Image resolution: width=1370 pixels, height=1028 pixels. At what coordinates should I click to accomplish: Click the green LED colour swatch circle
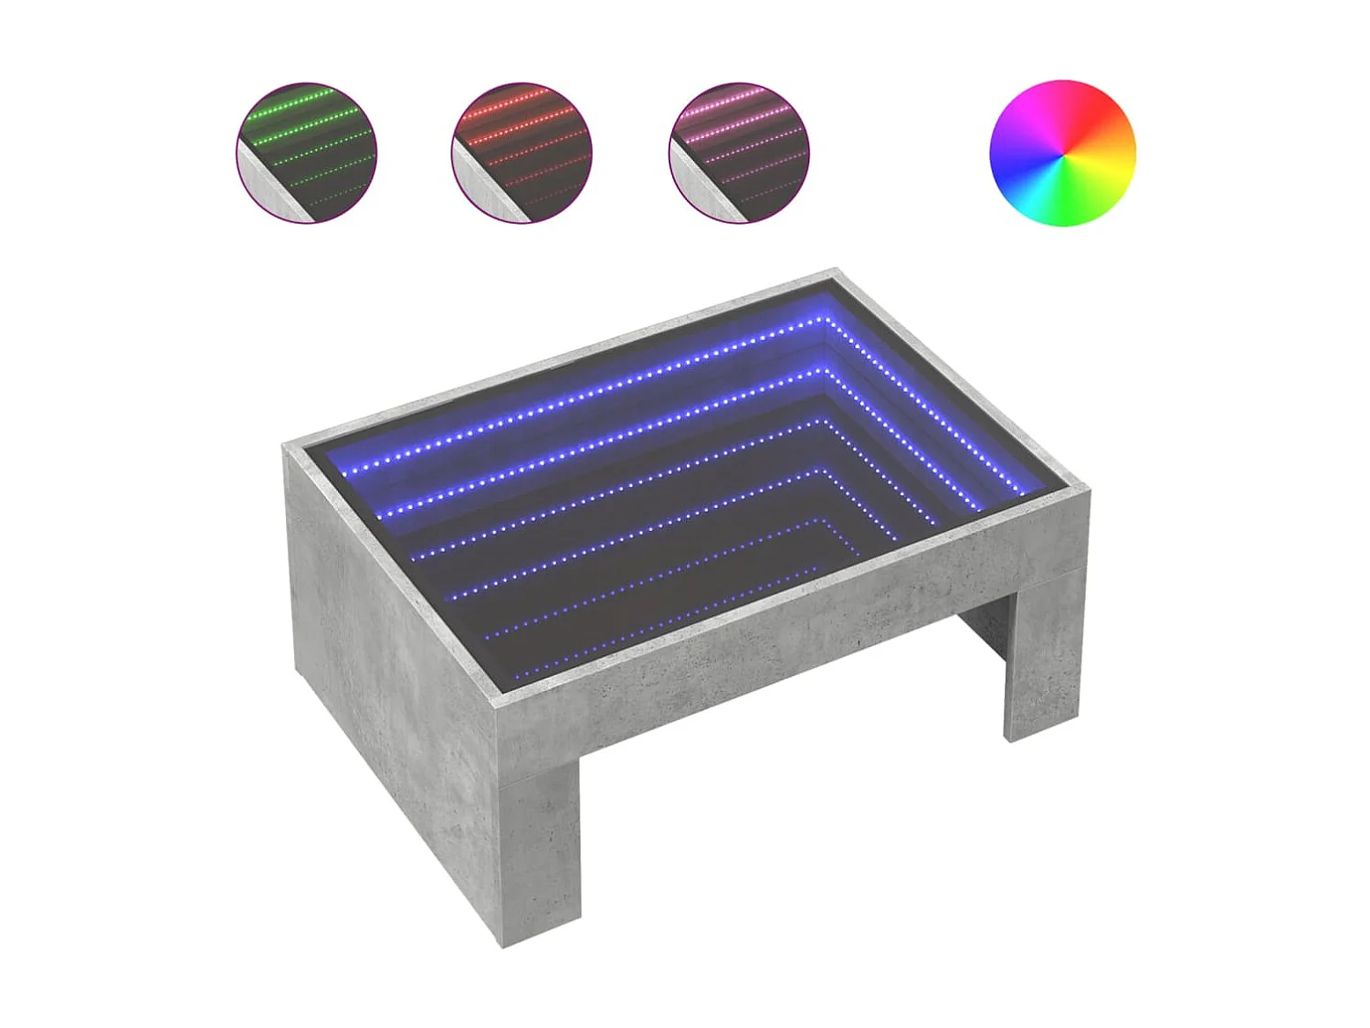307,153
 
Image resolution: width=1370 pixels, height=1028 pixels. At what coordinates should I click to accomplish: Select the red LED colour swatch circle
522,153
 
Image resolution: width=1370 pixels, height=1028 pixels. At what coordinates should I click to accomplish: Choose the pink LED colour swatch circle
739,153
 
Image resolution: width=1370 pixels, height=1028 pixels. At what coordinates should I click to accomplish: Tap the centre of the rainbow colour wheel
1062,153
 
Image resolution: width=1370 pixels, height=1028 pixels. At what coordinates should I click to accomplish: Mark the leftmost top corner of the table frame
286,446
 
